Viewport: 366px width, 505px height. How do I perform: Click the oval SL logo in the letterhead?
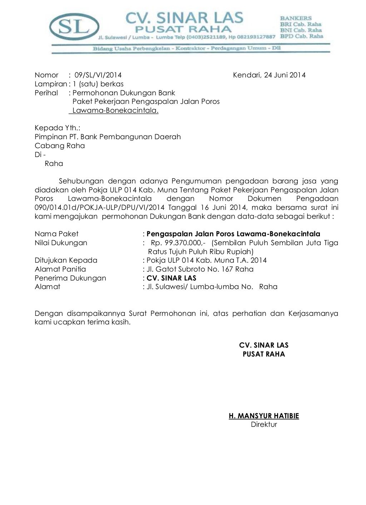pyautogui.click(x=74, y=27)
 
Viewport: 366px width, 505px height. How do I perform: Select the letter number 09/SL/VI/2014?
pyautogui.click(x=98, y=75)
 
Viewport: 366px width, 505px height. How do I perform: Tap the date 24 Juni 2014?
pyautogui.click(x=285, y=75)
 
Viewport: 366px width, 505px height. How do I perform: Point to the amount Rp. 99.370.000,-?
pyautogui.click(x=178, y=243)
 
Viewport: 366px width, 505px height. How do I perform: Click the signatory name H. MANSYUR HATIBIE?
pyautogui.click(x=264, y=416)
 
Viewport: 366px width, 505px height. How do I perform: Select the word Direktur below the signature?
pyautogui.click(x=264, y=425)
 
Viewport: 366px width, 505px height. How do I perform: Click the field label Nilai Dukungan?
pyautogui.click(x=61, y=243)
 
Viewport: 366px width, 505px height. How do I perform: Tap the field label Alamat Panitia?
pyautogui.click(x=60, y=269)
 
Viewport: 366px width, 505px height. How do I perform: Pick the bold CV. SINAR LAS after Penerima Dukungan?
pyautogui.click(x=171, y=278)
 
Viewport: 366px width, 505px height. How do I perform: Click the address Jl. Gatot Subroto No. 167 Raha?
pyautogui.click(x=200, y=269)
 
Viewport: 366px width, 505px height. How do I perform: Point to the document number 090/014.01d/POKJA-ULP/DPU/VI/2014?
pyautogui.click(x=99, y=208)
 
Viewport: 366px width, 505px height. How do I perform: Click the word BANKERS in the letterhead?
pyautogui.click(x=296, y=18)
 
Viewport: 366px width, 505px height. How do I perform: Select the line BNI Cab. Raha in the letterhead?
pyautogui.click(x=301, y=30)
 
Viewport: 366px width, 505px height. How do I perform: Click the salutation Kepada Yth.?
pyautogui.click(x=57, y=128)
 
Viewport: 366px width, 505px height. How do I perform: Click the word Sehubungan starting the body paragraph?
pyautogui.click(x=81, y=181)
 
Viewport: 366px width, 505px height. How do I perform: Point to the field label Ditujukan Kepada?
pyautogui.click(x=66, y=261)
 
